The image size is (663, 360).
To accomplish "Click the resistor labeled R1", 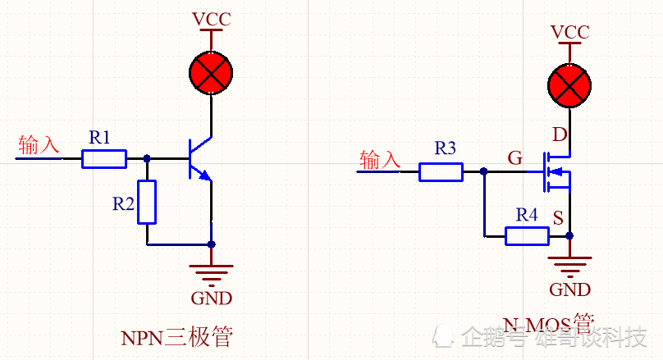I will point(104,158).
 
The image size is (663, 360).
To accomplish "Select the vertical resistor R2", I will point(147,203).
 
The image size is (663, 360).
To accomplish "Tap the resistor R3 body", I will point(441,171).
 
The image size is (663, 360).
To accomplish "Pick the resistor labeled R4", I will point(527,236).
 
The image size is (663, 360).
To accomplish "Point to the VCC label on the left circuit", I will point(211,19).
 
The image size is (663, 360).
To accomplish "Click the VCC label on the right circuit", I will point(569,32).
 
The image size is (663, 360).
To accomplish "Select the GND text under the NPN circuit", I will point(211,298).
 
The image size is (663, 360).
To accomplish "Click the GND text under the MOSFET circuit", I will point(569,289).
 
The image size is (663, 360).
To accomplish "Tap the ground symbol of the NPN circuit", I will point(211,271).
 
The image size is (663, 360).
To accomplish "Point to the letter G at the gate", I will point(514,158).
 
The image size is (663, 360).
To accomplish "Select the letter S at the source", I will point(558,218).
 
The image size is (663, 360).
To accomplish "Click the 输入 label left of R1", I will point(39,145).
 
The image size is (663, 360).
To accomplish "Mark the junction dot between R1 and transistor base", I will point(147,158).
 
